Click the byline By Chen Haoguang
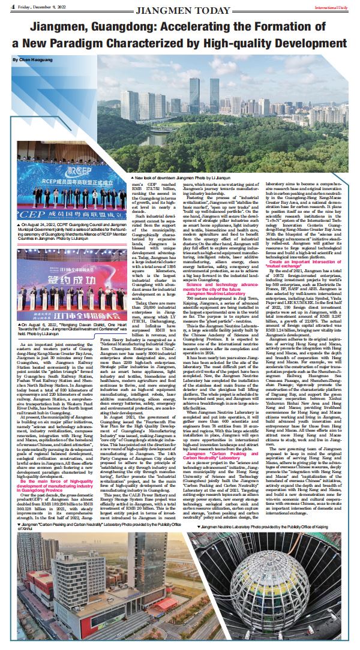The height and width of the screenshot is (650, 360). tap(31, 61)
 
